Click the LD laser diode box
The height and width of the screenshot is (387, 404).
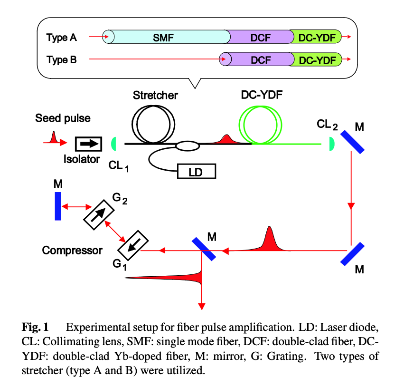tap(196, 171)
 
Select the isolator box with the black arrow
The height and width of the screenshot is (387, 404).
tap(88, 142)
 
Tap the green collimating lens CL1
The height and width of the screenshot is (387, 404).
tap(114, 142)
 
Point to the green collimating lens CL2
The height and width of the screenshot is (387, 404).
tap(332, 143)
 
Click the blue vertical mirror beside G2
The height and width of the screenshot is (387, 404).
tap(58, 206)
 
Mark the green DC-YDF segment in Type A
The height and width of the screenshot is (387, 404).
tap(316, 37)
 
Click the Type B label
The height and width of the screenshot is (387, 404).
tap(61, 60)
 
